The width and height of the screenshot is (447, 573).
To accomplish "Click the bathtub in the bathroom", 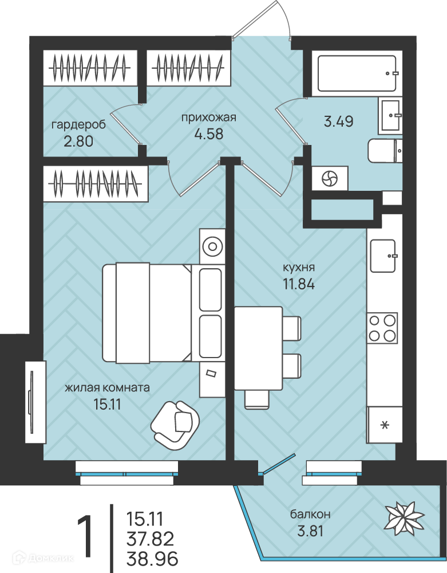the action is tap(357, 73).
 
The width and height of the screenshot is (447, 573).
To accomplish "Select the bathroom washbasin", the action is tap(390, 115).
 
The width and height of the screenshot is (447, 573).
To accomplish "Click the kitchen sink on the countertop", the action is tap(383, 256).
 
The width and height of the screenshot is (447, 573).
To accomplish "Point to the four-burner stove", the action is tap(382, 327).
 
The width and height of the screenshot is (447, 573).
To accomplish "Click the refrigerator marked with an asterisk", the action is tap(385, 425).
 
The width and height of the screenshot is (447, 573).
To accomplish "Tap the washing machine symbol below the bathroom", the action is tap(330, 179).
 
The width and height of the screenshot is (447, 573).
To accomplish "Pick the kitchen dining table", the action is tap(258, 348).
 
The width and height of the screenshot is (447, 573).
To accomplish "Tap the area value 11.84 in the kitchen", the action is tap(299, 284).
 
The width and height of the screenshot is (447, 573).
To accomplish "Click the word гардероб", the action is tap(78, 124).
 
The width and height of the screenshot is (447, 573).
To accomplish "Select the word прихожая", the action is tap(208, 117).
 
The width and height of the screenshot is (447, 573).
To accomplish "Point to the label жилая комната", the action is tap(107, 387).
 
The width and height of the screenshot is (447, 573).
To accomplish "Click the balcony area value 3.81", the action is tap(310, 531).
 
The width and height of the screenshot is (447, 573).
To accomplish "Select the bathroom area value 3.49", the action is tap(339, 121).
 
